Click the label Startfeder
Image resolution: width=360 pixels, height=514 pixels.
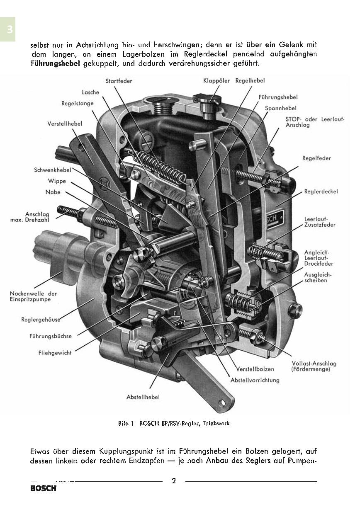pyautogui.click(x=119, y=81)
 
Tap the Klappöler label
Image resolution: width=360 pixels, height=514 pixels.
pyautogui.click(x=216, y=81)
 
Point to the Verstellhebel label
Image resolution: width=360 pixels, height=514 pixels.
pyautogui.click(x=65, y=124)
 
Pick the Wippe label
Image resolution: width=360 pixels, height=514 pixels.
pyautogui.click(x=57, y=181)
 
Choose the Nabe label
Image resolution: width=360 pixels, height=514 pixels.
pyautogui.click(x=53, y=192)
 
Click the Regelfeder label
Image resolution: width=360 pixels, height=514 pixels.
pyautogui.click(x=316, y=158)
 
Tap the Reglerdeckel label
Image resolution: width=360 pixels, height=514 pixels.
pyautogui.click(x=321, y=192)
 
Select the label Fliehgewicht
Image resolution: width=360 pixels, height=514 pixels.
pyautogui.click(x=56, y=353)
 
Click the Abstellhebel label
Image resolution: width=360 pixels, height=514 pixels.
pyautogui.click(x=143, y=397)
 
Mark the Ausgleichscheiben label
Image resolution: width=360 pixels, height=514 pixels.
pyautogui.click(x=318, y=277)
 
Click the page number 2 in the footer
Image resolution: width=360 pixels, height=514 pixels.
pyautogui.click(x=174, y=481)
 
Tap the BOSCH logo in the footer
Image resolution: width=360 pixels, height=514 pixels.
pyautogui.click(x=43, y=489)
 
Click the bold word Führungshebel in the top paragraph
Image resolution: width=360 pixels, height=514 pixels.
pyautogui.click(x=56, y=64)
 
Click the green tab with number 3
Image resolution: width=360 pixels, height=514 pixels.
pyautogui.click(x=7, y=29)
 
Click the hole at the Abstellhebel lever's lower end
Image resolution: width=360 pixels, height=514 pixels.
pyautogui.click(x=222, y=402)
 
